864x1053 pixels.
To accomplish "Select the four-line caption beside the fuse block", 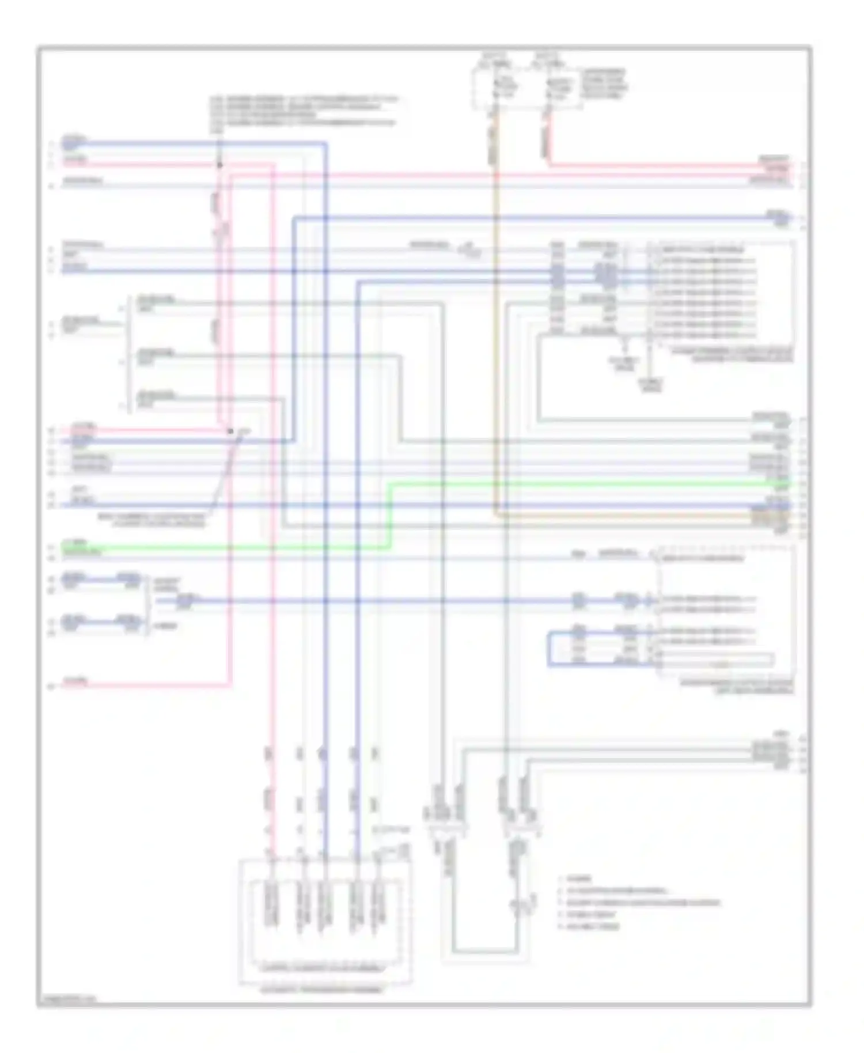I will pos(603,84).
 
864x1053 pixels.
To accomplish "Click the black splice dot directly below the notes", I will pos(219,165).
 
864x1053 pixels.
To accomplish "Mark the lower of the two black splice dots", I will pos(230,431).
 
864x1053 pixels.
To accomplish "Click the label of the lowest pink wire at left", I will pos(75,682).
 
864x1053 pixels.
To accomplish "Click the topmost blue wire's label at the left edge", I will pos(74,141).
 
